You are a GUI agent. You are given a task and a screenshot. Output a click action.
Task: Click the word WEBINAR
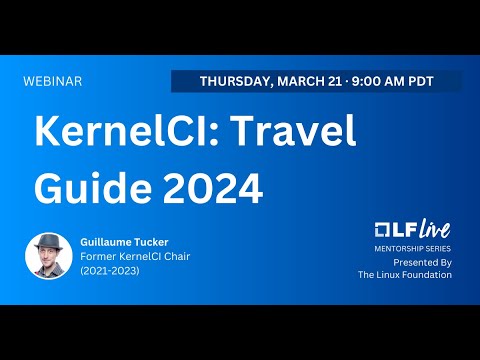pyautogui.click(x=52, y=81)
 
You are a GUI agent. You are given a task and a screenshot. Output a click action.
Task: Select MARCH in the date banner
pyautogui.click(x=305, y=81)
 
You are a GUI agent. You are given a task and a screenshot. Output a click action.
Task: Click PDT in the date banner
pyautogui.click(x=437, y=81)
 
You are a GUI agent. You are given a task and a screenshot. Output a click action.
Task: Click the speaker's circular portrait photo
pyautogui.click(x=47, y=255)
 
